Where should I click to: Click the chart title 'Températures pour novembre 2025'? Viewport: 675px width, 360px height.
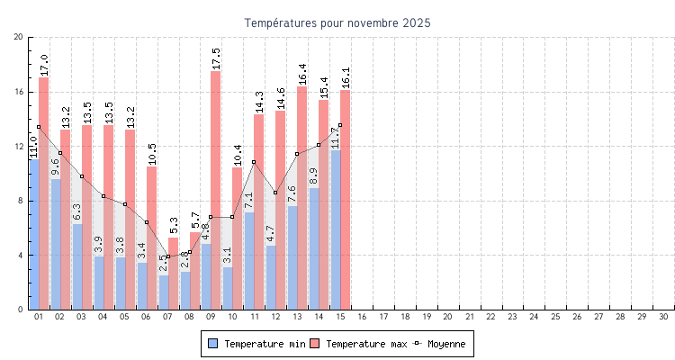[337, 22]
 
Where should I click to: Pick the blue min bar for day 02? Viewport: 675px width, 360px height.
[56, 244]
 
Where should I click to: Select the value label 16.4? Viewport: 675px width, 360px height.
[302, 68]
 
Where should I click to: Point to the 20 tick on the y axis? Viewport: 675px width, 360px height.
[19, 37]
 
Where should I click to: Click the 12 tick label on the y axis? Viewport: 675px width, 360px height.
[19, 146]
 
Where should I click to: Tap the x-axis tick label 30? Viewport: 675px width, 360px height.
[663, 317]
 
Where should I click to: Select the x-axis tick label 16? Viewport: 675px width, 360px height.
[362, 317]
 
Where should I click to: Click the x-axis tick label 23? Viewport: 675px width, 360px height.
[512, 317]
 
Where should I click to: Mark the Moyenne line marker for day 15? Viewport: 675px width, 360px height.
[340, 125]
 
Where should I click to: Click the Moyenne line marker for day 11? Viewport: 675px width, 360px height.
[254, 162]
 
